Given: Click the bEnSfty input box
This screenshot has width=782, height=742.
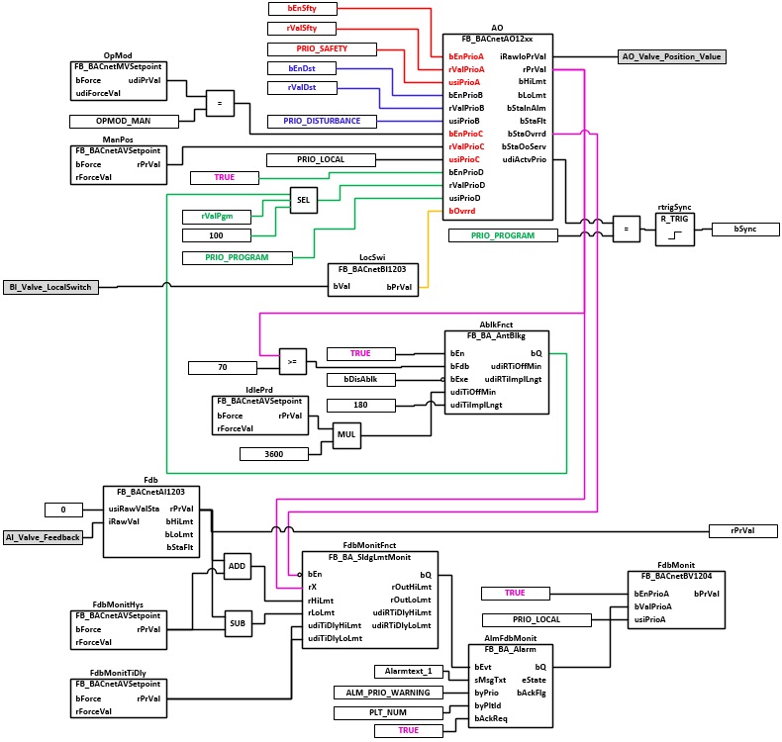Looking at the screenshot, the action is click(302, 9).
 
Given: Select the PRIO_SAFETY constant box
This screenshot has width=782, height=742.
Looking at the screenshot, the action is click(322, 48).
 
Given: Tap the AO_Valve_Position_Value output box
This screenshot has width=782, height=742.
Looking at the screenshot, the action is click(671, 56).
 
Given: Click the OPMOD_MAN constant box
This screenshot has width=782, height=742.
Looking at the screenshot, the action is click(124, 121).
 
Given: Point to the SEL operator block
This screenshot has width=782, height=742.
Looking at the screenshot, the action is click(303, 200).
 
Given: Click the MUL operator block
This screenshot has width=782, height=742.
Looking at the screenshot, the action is click(346, 435).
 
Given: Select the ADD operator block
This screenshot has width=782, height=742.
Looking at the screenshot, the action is click(237, 566).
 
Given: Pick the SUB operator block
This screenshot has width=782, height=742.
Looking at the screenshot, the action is click(238, 623).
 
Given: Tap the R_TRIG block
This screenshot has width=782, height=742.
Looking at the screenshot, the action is click(674, 230).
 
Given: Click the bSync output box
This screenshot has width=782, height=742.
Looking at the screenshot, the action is click(745, 230).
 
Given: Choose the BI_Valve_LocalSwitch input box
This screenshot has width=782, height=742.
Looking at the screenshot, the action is click(50, 288).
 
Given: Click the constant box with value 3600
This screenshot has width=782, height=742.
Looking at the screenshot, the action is click(274, 454).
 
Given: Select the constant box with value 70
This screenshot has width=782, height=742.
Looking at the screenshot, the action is click(223, 368).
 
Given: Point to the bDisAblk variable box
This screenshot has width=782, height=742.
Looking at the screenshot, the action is click(360, 380).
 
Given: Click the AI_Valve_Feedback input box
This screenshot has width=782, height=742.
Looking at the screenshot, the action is click(43, 537).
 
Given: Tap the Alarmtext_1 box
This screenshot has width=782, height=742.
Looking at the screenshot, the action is click(409, 672).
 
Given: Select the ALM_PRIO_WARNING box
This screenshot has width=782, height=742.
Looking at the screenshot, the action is click(388, 693).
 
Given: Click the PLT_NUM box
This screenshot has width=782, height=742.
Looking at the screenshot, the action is click(388, 713).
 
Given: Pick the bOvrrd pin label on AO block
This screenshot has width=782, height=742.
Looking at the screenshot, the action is click(462, 211).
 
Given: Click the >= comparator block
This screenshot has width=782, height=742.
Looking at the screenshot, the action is click(293, 361).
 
